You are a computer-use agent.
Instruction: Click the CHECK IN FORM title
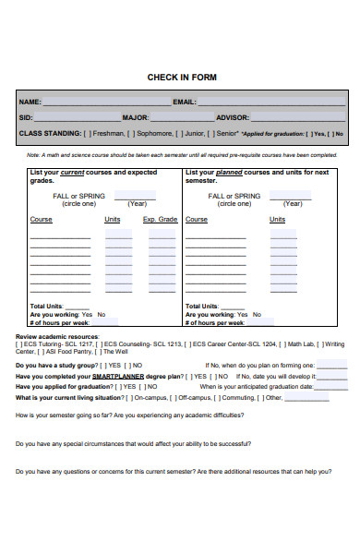[182, 78]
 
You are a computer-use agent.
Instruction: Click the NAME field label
[30, 102]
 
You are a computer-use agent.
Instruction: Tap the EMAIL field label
[185, 102]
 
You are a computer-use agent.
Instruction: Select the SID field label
[26, 117]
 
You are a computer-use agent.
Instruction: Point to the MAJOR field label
[135, 117]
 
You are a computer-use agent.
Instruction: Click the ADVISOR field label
[232, 117]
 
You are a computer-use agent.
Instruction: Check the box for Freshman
[87, 133]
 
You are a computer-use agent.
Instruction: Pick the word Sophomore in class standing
[156, 133]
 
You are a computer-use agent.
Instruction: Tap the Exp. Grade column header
[159, 220]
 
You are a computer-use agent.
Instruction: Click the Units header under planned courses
[277, 220]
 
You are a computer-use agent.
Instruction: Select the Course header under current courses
[41, 220]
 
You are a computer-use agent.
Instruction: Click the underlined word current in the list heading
[73, 172]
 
